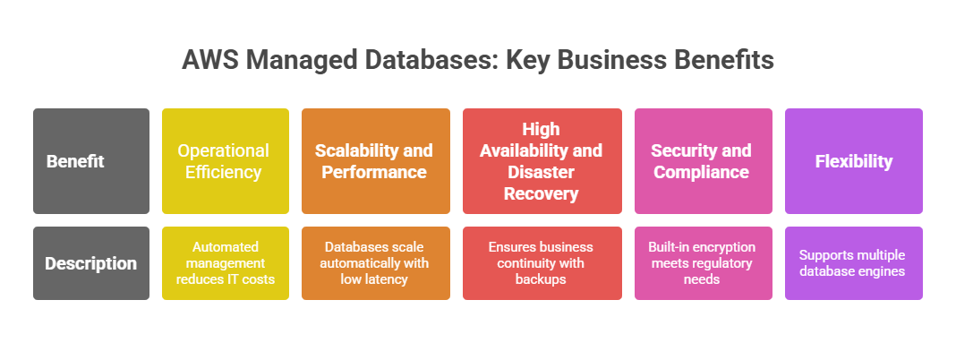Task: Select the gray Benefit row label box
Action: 91,161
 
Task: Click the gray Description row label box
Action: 91,263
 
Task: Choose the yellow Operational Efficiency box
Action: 225,161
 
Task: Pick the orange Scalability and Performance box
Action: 375,161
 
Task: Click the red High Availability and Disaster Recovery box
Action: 542,161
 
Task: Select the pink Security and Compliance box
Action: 703,161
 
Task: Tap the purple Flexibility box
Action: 853,161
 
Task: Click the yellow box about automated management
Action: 225,263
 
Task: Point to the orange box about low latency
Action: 375,263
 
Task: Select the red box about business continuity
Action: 542,263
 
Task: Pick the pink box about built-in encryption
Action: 703,263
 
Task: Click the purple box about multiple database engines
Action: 853,263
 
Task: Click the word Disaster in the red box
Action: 542,172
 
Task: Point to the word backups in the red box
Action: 542,279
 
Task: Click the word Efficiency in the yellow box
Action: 225,172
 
